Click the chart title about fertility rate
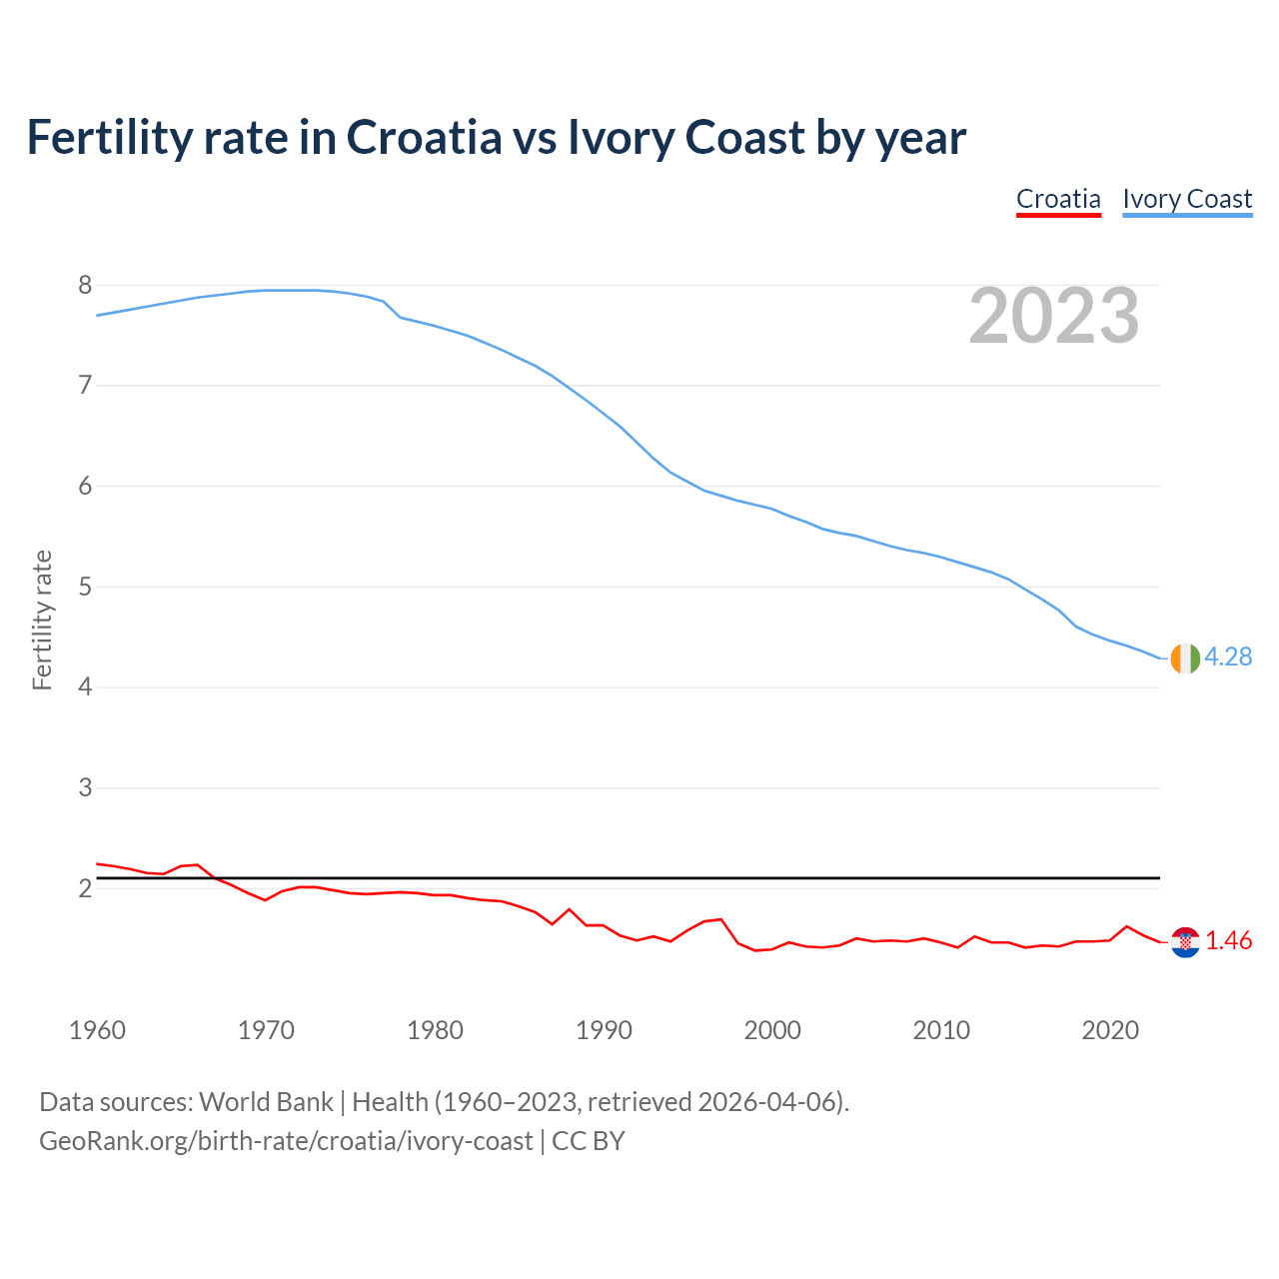496,138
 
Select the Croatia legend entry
1058,200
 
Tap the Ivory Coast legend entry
1187,200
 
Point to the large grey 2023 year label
1054,316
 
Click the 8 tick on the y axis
85,286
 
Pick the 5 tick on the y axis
85,587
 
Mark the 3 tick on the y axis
85,787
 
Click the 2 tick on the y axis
85,888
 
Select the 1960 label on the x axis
97,1030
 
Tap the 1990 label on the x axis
604,1030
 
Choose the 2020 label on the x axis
1110,1030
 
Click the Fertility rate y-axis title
42,620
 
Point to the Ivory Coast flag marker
1184,658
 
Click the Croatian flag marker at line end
1184,941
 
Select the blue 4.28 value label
1228,656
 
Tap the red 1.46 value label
1228,941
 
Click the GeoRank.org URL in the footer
286,1141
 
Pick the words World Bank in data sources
266,1102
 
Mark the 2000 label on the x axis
772,1030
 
